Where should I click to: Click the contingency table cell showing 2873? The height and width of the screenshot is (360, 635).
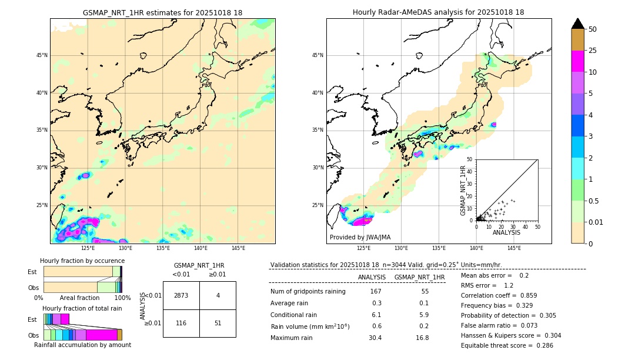[x=181, y=295]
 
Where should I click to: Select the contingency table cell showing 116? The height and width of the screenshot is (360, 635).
[x=181, y=323]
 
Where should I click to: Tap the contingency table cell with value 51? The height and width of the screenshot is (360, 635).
[x=218, y=323]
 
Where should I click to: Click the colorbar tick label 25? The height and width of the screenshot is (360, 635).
[x=593, y=51]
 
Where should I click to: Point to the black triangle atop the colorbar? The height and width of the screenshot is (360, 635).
[x=578, y=24]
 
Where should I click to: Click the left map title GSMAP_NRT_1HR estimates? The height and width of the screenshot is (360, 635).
[x=162, y=12]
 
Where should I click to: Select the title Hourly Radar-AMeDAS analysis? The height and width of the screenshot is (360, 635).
[x=438, y=12]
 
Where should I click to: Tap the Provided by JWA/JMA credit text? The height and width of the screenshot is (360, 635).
[x=360, y=238]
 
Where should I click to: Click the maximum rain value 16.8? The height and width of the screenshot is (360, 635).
[x=422, y=338]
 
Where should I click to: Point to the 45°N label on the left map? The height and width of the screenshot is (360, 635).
[x=42, y=55]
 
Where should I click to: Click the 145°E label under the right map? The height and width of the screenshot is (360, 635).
[x=514, y=248]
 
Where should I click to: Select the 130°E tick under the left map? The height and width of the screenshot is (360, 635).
[x=125, y=248]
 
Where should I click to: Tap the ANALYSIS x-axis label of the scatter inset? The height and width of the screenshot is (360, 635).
[x=506, y=232]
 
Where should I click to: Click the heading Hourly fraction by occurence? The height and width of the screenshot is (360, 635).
[x=82, y=261]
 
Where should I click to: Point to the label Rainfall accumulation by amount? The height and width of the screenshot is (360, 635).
[x=82, y=345]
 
